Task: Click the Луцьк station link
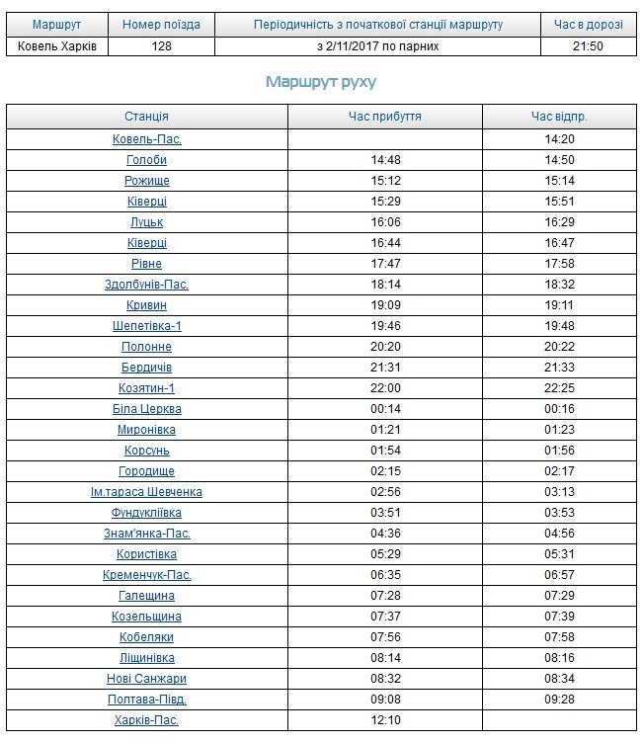(146, 222)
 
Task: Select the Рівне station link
(146, 264)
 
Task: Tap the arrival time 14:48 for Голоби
(384, 160)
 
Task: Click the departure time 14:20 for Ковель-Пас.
(559, 139)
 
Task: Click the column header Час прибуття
(384, 117)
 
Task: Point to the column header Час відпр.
(559, 117)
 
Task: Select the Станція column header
(146, 117)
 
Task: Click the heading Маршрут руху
(320, 82)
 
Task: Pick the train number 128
(161, 45)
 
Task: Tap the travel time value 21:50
(588, 45)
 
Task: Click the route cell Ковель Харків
(56, 45)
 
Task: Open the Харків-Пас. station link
(146, 720)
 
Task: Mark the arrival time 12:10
(384, 720)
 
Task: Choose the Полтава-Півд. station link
(146, 700)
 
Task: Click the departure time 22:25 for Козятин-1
(559, 388)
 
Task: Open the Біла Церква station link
(146, 409)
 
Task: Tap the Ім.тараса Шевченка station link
(146, 492)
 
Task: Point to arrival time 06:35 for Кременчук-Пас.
(384, 575)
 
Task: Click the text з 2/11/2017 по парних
(377, 45)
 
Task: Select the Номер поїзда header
(161, 24)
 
